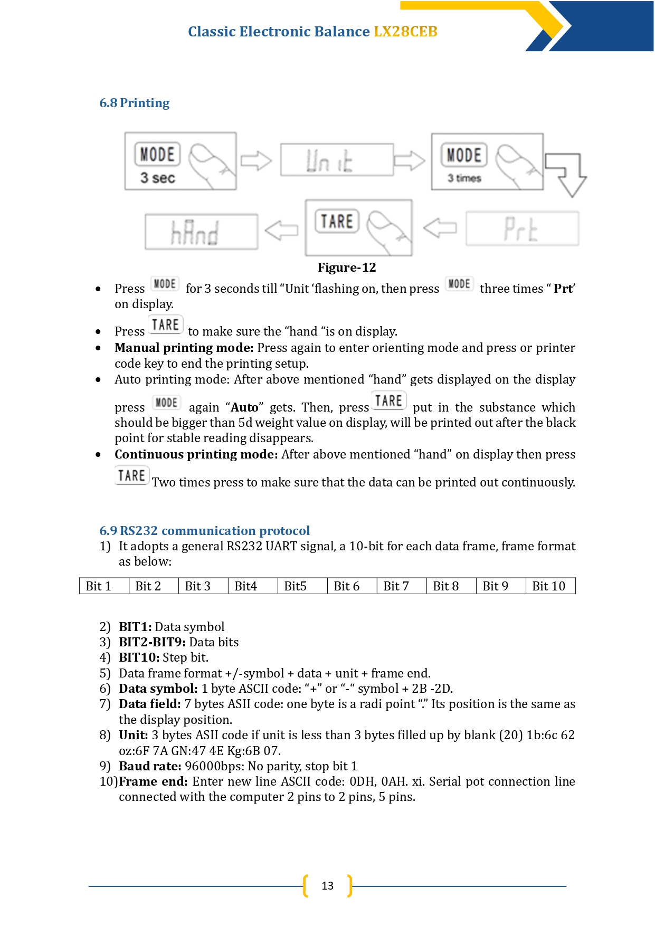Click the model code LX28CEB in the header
click(405, 32)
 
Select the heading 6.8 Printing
click(135, 103)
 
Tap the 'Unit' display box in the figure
click(337, 159)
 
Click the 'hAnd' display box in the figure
click(202, 232)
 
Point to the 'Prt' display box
click(522, 228)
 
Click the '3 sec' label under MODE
click(157, 178)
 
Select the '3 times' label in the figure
click(464, 178)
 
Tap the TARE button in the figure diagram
click(337, 221)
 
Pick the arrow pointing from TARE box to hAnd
click(281, 230)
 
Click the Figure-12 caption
click(347, 268)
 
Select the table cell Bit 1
click(104, 586)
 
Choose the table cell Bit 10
click(550, 586)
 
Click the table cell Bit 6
click(352, 586)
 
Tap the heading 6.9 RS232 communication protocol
click(204, 531)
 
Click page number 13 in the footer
click(327, 886)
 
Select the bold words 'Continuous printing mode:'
click(196, 455)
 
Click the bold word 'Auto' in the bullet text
click(245, 408)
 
